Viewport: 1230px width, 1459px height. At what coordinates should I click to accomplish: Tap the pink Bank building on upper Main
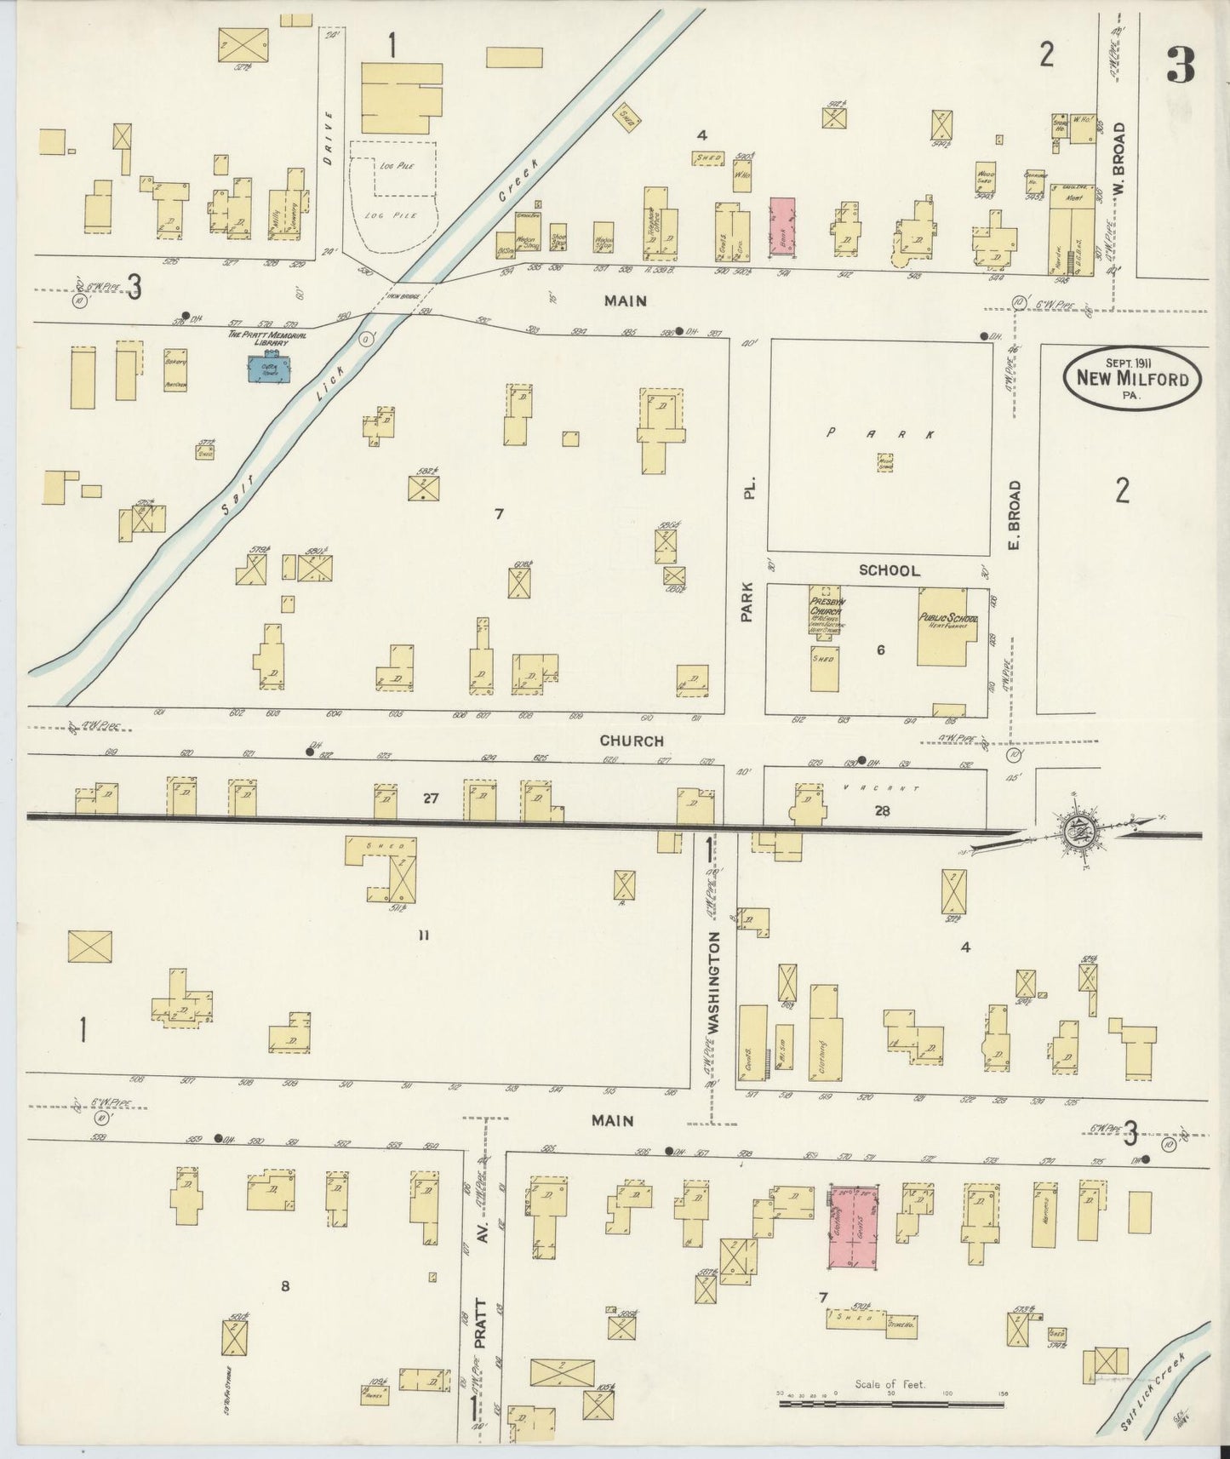[x=782, y=226]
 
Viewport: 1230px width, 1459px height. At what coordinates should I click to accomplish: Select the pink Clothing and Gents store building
[x=854, y=1225]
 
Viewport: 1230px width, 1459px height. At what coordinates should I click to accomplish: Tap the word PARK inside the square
[x=881, y=434]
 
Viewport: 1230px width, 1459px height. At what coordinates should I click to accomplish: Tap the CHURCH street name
[x=631, y=741]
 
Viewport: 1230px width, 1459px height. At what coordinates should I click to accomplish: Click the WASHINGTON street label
[x=713, y=981]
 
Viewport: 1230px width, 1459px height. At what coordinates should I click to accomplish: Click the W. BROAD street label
[x=1118, y=160]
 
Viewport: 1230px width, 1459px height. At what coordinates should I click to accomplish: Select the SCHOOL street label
[x=889, y=570]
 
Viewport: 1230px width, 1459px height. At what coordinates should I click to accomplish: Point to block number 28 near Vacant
[x=882, y=811]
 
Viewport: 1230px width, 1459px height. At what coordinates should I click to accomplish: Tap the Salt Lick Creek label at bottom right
[x=1154, y=1393]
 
